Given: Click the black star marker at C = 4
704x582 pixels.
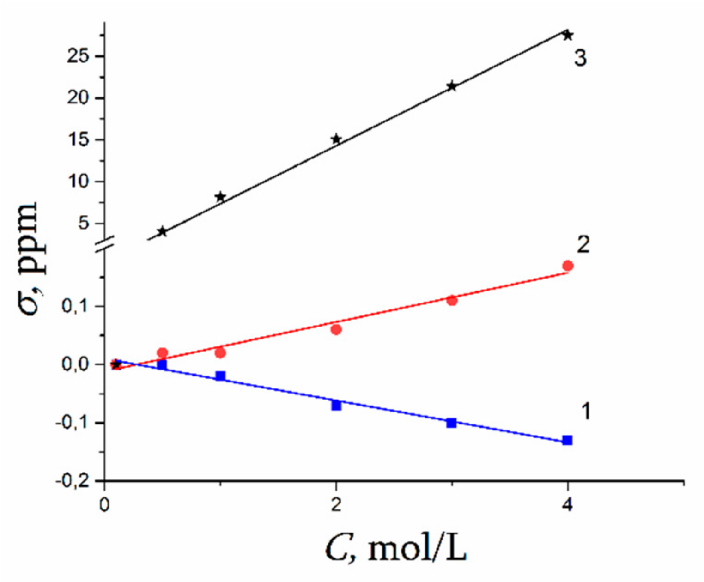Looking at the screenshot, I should point(568,35).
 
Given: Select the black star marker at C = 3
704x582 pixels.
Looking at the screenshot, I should point(452,86).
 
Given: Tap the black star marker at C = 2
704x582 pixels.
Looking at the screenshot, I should point(336,139).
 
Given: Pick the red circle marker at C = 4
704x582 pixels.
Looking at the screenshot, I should point(568,266).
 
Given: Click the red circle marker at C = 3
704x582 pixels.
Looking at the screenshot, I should point(452,300).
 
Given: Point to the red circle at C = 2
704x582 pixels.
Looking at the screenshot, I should point(336,329).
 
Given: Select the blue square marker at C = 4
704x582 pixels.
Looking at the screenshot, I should point(567,440).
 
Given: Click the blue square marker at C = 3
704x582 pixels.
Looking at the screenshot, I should point(451,423).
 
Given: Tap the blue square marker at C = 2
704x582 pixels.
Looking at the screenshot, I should point(336,406).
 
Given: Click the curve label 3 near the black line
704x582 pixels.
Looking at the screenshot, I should point(580,58).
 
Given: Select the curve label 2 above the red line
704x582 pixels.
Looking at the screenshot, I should point(583,244).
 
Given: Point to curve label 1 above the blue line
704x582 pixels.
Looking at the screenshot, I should point(585,411).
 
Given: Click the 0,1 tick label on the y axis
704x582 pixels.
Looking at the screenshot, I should point(75,306).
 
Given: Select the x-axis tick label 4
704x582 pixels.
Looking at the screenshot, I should point(568,504).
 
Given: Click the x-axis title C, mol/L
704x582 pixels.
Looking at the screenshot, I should point(396,549).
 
